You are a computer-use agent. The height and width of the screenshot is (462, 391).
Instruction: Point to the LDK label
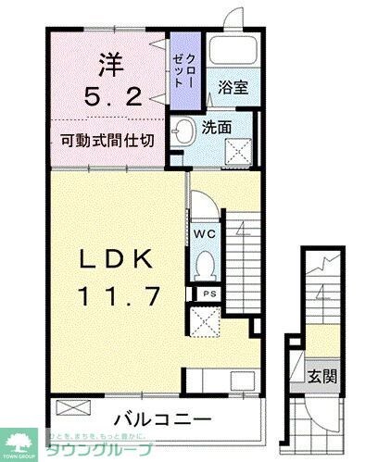pos(115,260)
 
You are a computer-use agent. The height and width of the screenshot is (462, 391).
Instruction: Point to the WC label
pos(205,233)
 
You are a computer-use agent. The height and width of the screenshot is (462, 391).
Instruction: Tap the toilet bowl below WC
pos(204,264)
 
